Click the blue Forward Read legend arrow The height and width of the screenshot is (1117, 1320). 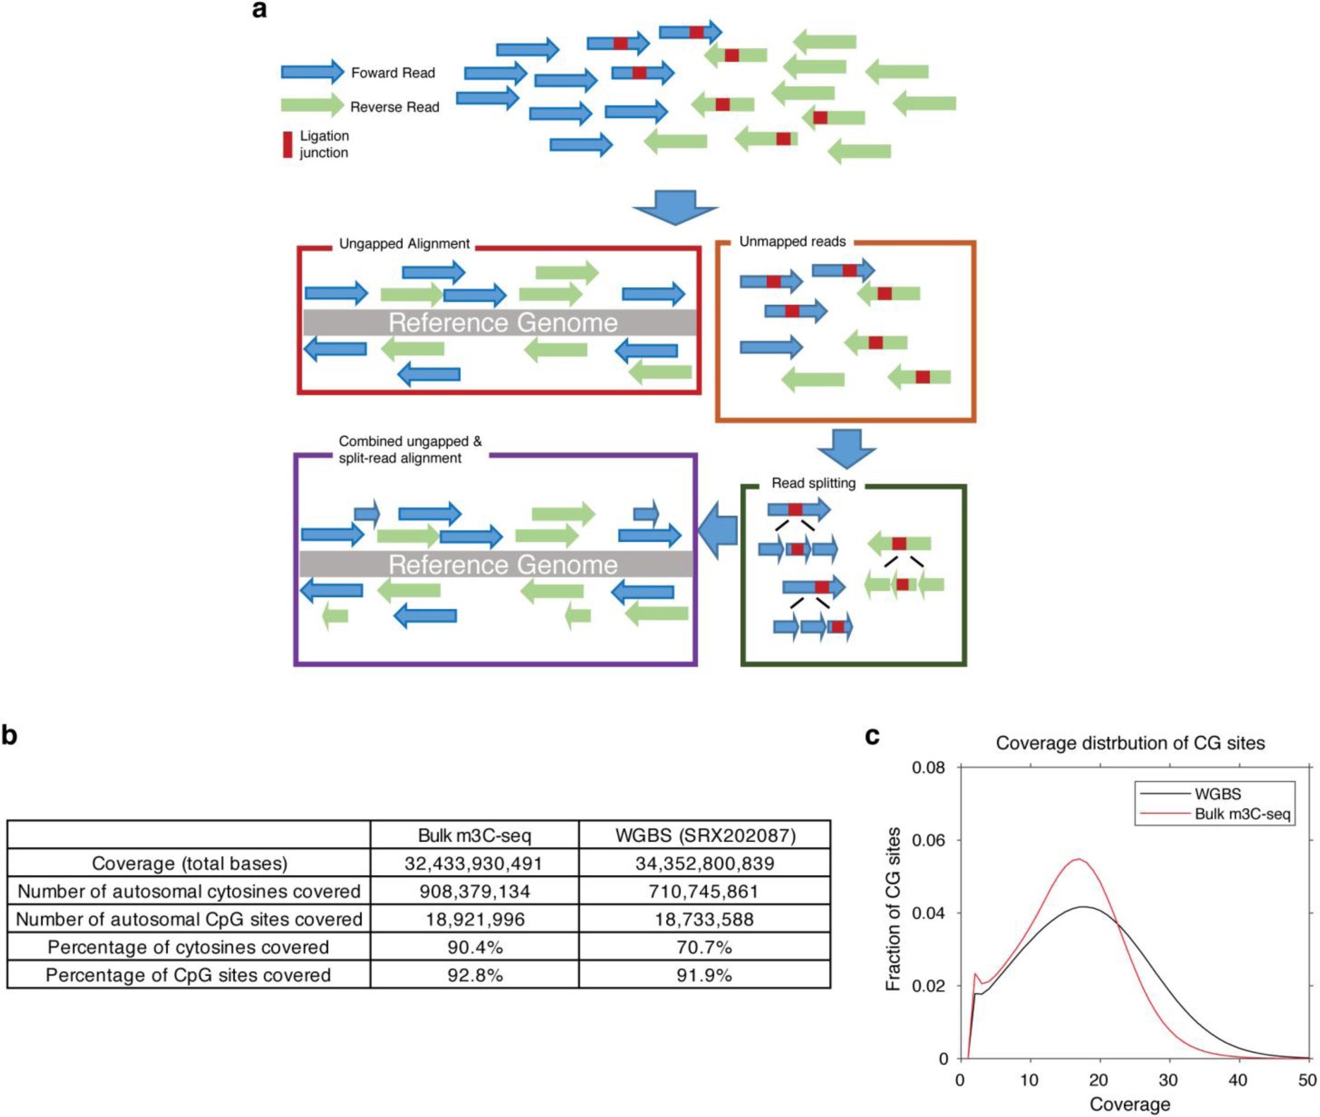tap(311, 72)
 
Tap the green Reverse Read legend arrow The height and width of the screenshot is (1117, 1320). tap(311, 105)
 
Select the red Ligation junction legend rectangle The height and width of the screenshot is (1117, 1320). tap(288, 144)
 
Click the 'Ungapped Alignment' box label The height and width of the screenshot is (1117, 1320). tap(404, 244)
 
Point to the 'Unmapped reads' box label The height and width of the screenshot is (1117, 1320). tap(792, 242)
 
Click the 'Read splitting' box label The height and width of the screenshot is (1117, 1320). tap(813, 483)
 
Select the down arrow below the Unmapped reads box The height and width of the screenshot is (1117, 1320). tap(846, 448)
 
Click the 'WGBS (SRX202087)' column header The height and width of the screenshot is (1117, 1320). tap(705, 835)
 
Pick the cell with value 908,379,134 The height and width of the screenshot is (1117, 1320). tap(475, 892)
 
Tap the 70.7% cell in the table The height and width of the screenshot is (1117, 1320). tap(704, 948)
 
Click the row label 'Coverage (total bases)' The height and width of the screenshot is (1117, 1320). tap(189, 864)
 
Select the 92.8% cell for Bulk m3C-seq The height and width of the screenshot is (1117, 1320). tap(475, 975)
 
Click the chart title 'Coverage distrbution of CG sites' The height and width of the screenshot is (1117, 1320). tap(1130, 743)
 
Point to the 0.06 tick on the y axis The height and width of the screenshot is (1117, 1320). tap(928, 840)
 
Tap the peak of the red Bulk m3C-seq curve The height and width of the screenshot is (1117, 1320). tap(1078, 859)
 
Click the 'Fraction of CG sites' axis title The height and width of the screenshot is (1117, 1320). tap(893, 910)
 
